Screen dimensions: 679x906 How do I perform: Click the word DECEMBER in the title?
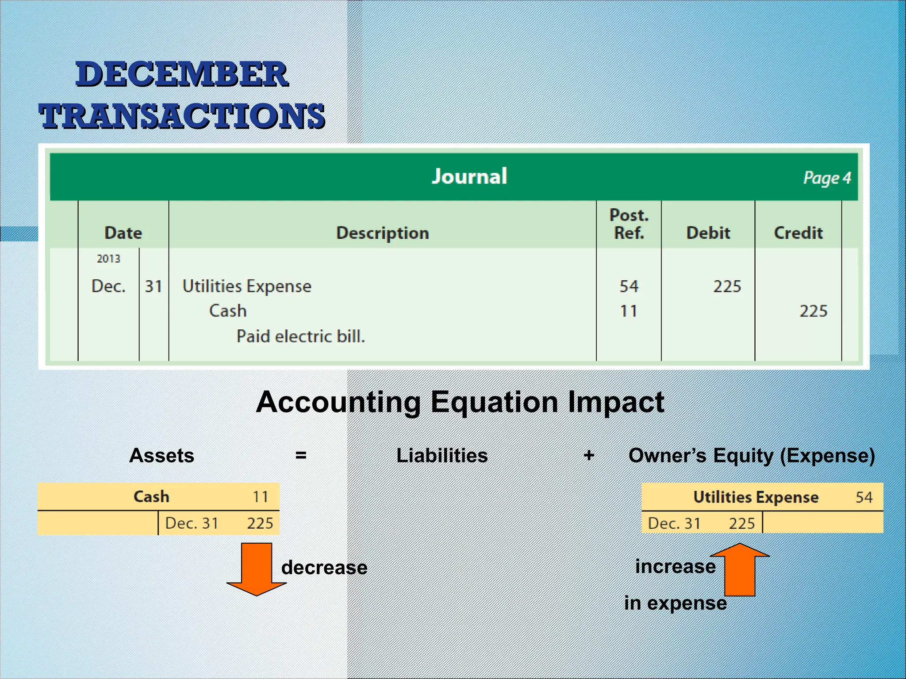pyautogui.click(x=182, y=74)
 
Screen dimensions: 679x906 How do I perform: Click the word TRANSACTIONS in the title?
pyautogui.click(x=182, y=116)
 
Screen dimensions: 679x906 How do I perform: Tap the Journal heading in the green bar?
pyautogui.click(x=469, y=176)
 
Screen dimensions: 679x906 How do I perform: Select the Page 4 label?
pyautogui.click(x=827, y=178)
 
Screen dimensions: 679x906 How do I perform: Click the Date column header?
pyautogui.click(x=123, y=233)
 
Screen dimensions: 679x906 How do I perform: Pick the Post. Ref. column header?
pyautogui.click(x=629, y=224)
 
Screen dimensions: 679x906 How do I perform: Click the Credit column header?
pyautogui.click(x=798, y=233)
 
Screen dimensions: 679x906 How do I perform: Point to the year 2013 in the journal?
pyautogui.click(x=108, y=259)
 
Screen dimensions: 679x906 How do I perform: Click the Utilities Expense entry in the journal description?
pyautogui.click(x=247, y=286)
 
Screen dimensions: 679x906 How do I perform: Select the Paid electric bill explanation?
pyautogui.click(x=301, y=336)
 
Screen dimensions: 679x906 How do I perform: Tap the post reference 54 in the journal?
pyautogui.click(x=629, y=286)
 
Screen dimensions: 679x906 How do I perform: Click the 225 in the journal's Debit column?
pyautogui.click(x=727, y=286)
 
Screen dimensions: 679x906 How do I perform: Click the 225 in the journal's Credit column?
pyautogui.click(x=813, y=311)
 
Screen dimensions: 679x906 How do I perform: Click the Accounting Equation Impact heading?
pyautogui.click(x=460, y=402)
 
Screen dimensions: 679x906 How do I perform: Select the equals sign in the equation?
pyautogui.click(x=301, y=455)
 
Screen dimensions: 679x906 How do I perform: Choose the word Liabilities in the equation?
pyautogui.click(x=442, y=455)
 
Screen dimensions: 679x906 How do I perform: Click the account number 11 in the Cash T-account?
pyautogui.click(x=261, y=497)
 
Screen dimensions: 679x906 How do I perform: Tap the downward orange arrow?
pyautogui.click(x=257, y=570)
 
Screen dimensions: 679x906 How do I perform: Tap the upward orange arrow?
pyautogui.click(x=740, y=570)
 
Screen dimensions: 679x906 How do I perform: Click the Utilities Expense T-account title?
pyautogui.click(x=756, y=497)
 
